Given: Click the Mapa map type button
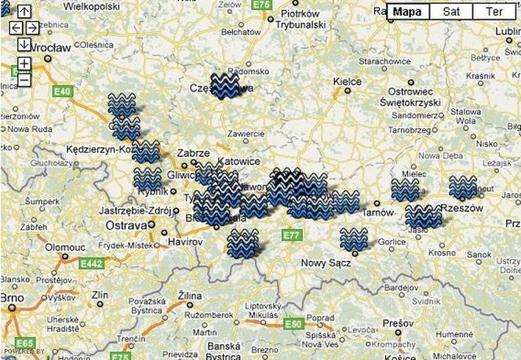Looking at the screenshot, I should [407, 12].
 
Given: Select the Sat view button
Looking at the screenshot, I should [451, 12].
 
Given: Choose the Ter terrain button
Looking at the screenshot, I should [494, 12].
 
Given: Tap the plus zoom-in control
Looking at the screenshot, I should [24, 63].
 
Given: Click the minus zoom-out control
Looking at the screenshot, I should [24, 79].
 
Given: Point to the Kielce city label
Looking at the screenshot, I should [347, 81].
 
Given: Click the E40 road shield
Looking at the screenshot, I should [63, 92].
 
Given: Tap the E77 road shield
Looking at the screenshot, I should [292, 235].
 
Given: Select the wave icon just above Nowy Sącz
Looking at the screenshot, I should [353, 239].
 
